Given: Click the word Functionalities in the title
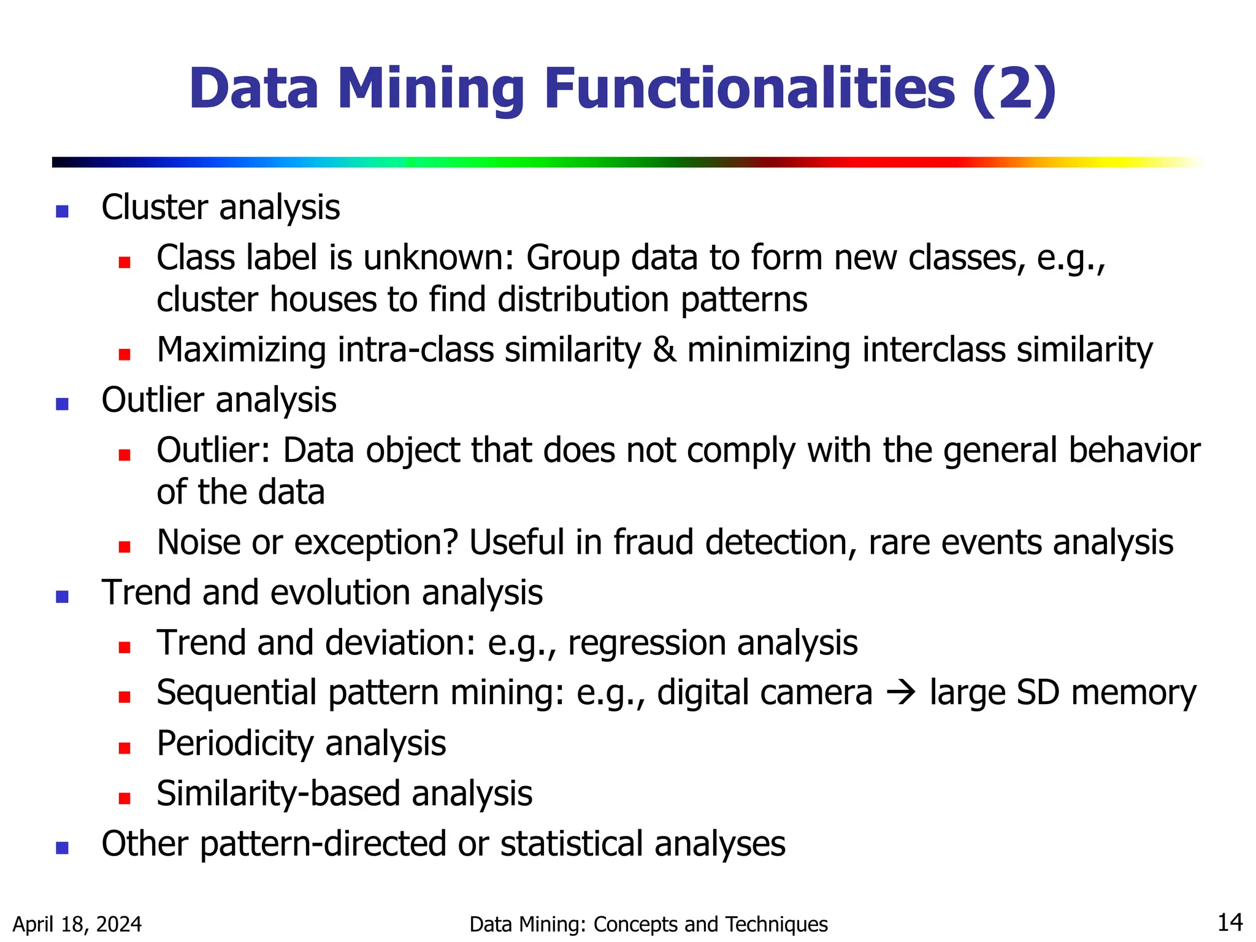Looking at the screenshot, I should (749, 90).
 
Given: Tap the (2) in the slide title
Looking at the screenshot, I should (1014, 90).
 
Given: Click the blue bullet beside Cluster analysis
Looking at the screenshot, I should (62, 212).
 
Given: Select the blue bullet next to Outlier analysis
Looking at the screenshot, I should (62, 404).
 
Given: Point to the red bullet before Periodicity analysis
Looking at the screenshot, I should (124, 748).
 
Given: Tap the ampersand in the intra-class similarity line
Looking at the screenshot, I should (664, 350).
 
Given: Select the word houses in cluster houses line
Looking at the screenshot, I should (323, 301).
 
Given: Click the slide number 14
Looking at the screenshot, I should (1230, 922).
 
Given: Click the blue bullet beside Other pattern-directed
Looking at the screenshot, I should (62, 848).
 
